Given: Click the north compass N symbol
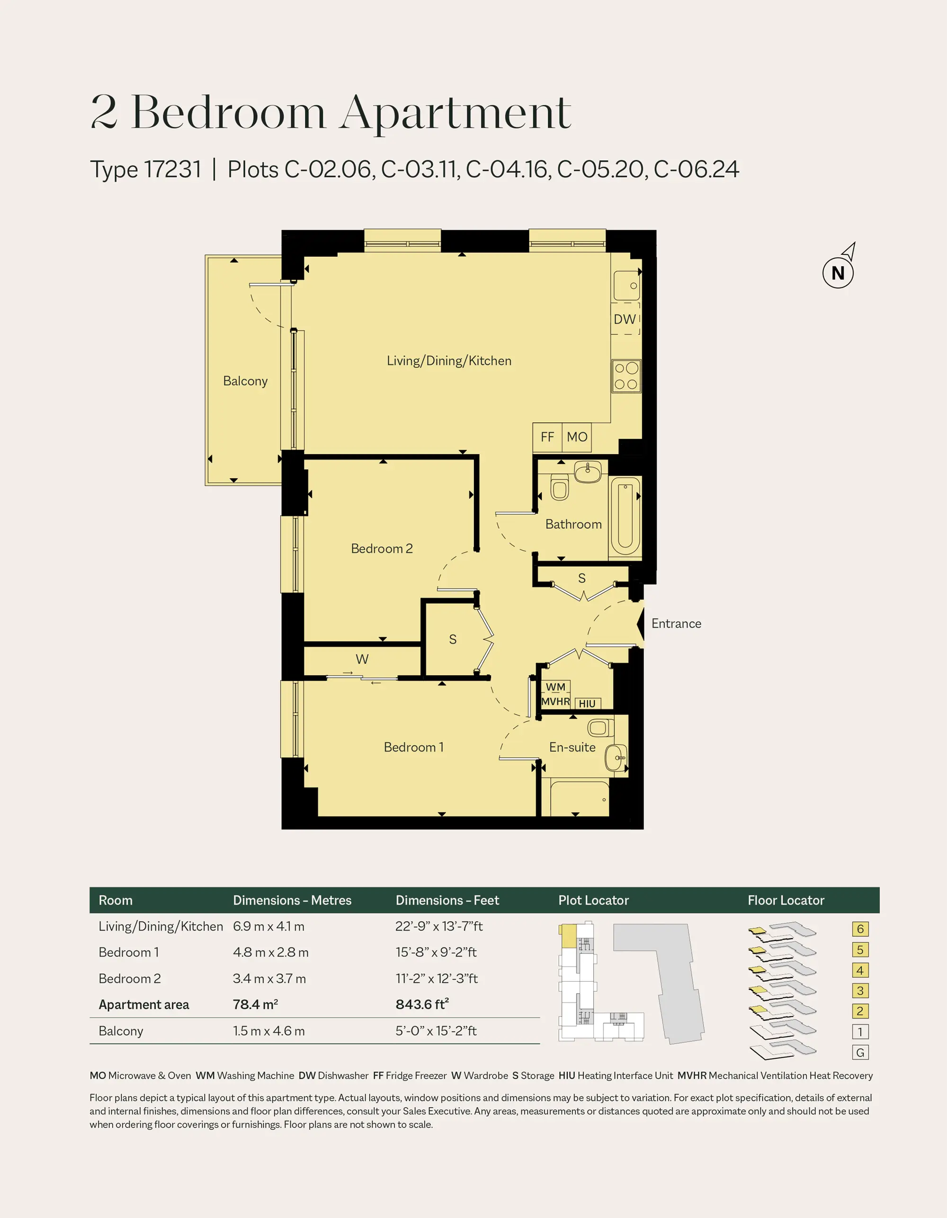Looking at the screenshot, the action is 838,273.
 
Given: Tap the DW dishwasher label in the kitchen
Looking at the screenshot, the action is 625,319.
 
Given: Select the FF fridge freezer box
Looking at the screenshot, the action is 547,437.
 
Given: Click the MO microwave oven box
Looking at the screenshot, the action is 577,437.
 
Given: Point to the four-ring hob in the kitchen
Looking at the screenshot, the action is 626,376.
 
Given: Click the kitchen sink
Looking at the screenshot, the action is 627,286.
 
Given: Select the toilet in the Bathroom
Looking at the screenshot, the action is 559,487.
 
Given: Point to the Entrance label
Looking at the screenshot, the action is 676,624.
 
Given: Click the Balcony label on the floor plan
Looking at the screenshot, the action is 245,381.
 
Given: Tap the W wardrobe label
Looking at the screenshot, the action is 362,659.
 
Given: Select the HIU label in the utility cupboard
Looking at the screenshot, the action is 587,704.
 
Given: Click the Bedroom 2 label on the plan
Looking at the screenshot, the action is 382,548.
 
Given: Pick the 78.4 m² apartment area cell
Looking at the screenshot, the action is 255,1004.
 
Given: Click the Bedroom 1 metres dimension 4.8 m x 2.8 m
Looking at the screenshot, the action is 270,952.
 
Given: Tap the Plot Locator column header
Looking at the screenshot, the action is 593,901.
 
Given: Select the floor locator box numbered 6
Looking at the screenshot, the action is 860,929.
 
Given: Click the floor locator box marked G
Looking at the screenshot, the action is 860,1052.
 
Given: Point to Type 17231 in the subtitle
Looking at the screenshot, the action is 145,169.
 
